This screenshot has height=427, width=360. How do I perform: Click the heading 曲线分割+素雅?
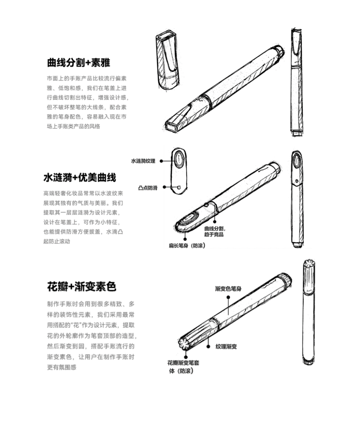point(78,63)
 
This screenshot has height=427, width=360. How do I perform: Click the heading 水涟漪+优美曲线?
point(80,177)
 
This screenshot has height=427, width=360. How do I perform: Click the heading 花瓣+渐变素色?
point(82,287)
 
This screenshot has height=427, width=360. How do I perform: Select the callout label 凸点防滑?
point(147,187)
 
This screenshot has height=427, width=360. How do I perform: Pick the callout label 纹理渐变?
point(226,346)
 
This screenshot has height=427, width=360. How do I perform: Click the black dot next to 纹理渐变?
point(208,346)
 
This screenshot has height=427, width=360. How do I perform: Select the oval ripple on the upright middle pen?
point(297,162)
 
